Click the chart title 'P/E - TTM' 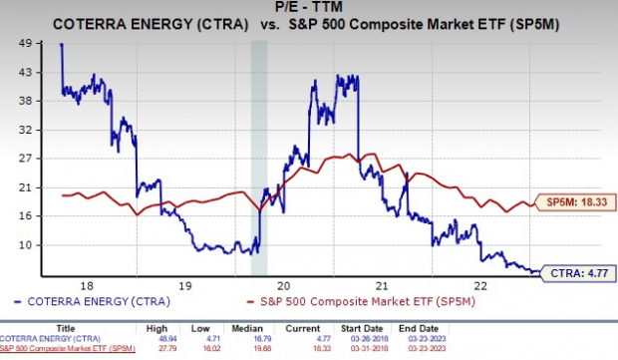tap(309, 8)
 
